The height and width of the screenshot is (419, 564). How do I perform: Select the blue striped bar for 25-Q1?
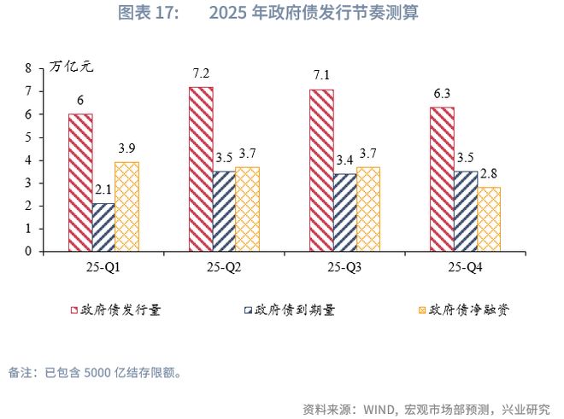pyautogui.click(x=104, y=228)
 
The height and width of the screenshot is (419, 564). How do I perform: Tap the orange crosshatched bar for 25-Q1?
pyautogui.click(x=126, y=207)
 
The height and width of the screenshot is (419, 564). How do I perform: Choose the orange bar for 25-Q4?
pyautogui.click(x=490, y=219)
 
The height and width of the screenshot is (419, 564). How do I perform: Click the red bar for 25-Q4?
pyautogui.click(x=442, y=179)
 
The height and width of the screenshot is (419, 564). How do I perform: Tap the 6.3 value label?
pyautogui.click(x=442, y=95)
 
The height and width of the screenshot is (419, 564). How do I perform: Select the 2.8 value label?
pyautogui.click(x=490, y=175)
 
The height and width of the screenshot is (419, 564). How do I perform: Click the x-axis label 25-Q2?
pyautogui.click(x=223, y=267)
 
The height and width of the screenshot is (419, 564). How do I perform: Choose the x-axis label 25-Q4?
pyautogui.click(x=466, y=267)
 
